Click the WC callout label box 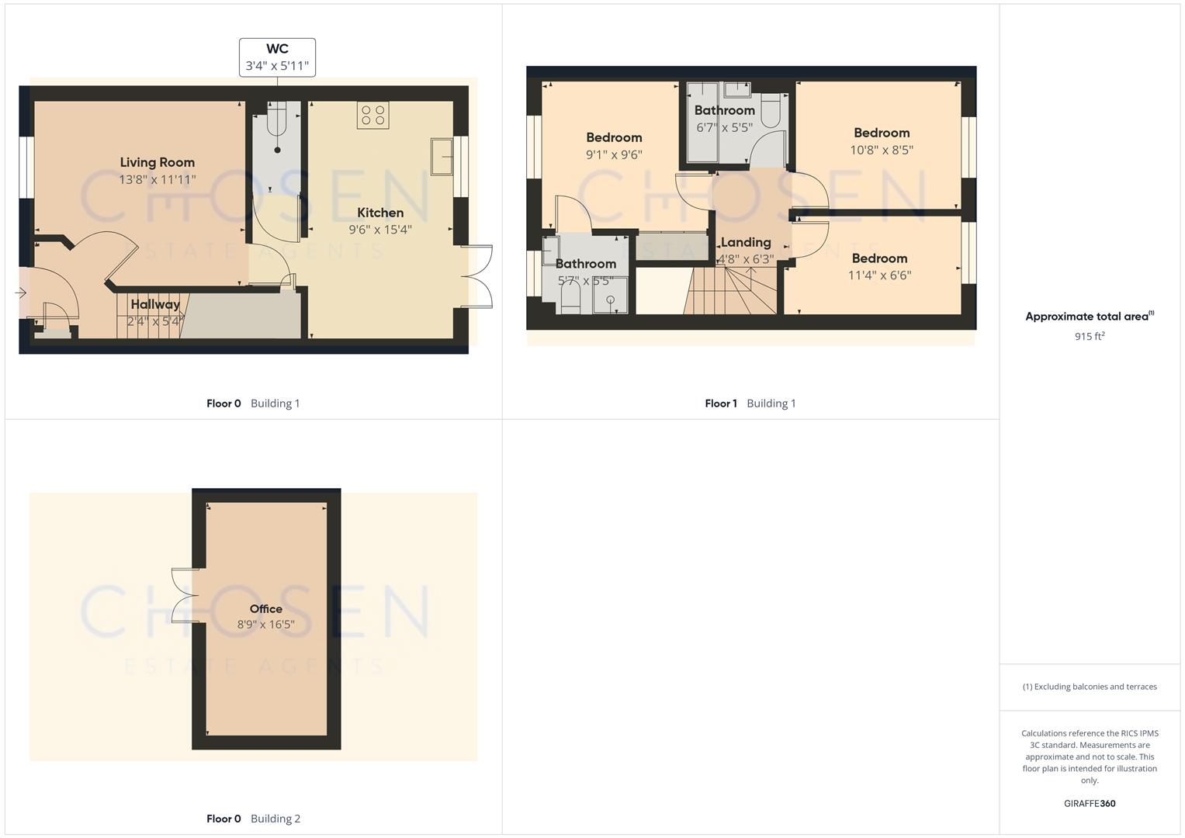tap(277, 57)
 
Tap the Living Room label tap(157, 162)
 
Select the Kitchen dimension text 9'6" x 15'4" tap(380, 230)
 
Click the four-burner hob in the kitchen tap(372, 116)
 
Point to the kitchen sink tap(442, 157)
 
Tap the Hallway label tap(155, 304)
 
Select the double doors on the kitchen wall tap(477, 276)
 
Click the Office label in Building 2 tap(265, 609)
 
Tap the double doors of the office tap(185, 596)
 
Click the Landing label tap(746, 242)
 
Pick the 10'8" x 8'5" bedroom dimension tap(882, 150)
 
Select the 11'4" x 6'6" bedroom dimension tap(879, 275)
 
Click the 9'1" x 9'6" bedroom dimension tap(614, 154)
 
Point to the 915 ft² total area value tap(1090, 336)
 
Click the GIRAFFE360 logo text tap(1090, 804)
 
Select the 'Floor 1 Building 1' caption tap(750, 403)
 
